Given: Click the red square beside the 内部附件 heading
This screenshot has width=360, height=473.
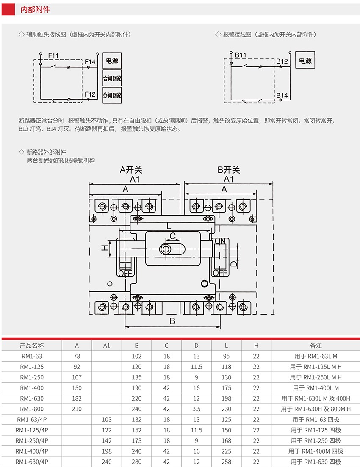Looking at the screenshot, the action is coord(8,9).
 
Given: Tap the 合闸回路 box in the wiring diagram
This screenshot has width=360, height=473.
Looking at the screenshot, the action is coord(112,78).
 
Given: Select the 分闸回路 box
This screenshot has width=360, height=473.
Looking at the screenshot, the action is coord(112,95).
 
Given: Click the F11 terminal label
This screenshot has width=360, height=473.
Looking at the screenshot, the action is coord(53,55).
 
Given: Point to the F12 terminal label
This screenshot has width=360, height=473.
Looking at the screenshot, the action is coord(90,94).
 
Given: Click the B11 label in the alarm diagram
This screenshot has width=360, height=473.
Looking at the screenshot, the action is coord(241,55).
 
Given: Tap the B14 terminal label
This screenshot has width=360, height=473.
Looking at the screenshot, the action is coord(282,95).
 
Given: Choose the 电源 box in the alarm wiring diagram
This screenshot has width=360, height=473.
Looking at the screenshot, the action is coord(305,60).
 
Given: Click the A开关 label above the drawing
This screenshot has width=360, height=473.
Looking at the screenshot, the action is coord(131,170).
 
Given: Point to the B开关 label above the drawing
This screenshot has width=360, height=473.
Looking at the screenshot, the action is coord(229,170).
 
